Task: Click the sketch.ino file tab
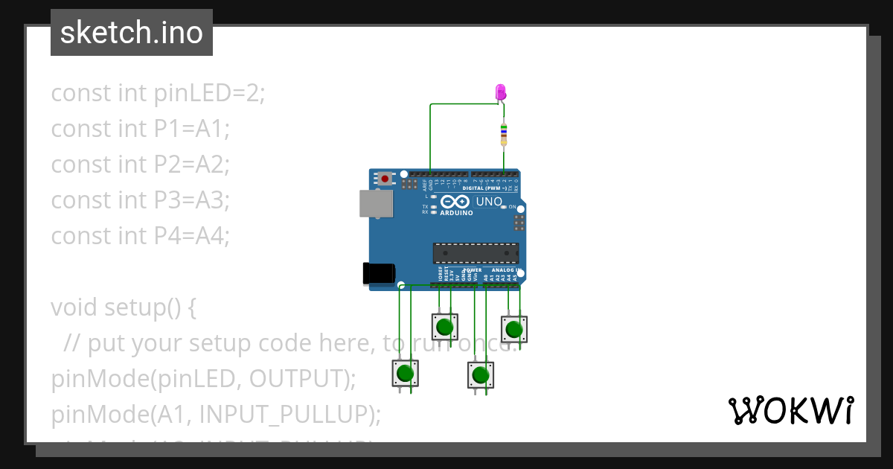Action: tap(131, 33)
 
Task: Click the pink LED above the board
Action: tap(501, 92)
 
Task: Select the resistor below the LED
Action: tap(504, 134)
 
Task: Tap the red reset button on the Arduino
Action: tap(384, 179)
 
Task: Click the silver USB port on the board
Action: tap(375, 203)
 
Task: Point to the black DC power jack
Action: tap(378, 274)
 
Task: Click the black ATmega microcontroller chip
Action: tap(476, 253)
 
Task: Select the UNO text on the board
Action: tap(489, 202)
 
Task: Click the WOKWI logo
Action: tap(790, 410)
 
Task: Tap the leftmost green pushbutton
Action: tap(405, 373)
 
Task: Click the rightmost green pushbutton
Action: tap(513, 328)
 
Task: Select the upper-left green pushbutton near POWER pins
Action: tap(444, 326)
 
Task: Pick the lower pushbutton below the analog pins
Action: tap(480, 374)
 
